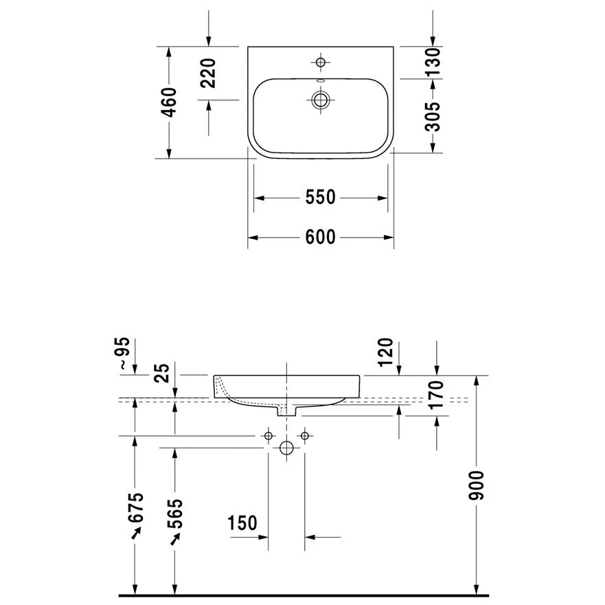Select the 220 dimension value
[209, 73]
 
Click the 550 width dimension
[320, 198]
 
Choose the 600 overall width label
[320, 237]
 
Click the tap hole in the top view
[320, 62]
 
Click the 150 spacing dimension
[242, 523]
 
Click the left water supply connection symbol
[269, 435]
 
